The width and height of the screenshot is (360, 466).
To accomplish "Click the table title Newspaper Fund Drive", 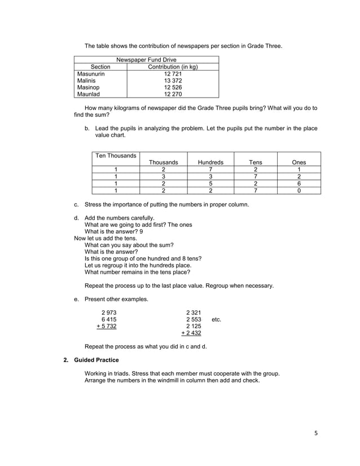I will [x=146, y=60].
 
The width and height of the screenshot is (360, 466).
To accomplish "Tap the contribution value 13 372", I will [x=173, y=81].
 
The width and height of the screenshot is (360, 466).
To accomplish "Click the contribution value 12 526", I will [x=173, y=88].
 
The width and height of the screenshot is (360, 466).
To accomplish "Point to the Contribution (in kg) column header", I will [x=173, y=67].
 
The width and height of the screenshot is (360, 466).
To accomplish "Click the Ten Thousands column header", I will [x=116, y=155].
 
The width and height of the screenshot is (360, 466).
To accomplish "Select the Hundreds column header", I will [x=210, y=162].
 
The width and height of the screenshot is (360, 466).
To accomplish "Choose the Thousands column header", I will [x=163, y=162].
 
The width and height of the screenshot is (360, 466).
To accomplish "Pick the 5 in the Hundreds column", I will [x=210, y=183].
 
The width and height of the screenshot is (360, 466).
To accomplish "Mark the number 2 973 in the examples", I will [x=108, y=312].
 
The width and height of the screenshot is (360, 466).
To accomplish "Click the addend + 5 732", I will [x=107, y=326].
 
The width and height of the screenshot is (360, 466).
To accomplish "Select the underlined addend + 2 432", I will [x=191, y=333].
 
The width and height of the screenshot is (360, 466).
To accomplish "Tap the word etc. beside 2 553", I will [x=216, y=319].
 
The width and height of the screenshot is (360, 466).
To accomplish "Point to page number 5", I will [x=316, y=433].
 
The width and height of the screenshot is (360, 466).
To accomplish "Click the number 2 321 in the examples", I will [x=193, y=312].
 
